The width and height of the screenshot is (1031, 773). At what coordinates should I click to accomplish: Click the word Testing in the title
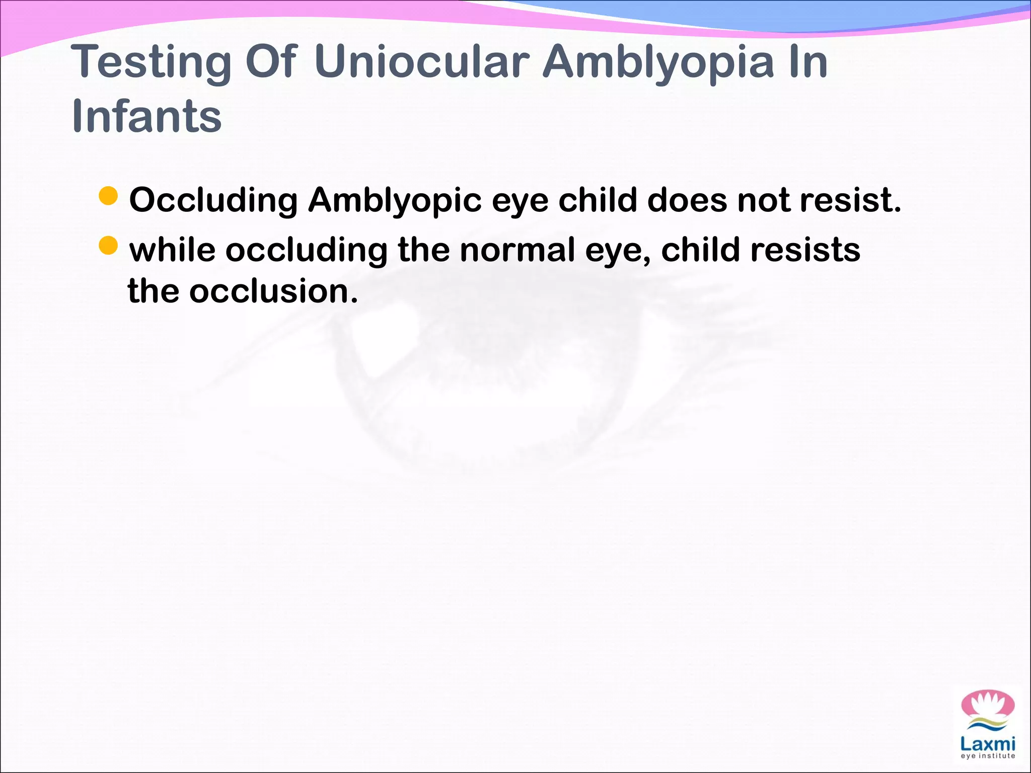151,63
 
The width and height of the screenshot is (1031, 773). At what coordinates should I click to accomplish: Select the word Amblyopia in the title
659,63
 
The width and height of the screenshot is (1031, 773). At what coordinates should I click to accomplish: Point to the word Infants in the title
146,116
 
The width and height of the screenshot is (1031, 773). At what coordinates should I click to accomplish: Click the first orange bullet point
108,196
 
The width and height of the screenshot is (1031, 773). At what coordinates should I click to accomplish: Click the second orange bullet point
108,246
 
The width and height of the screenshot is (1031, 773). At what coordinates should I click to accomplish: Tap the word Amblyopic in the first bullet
395,200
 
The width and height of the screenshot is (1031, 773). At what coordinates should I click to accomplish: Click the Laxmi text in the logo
988,743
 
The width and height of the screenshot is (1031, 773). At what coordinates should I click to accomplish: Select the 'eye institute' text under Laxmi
988,756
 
